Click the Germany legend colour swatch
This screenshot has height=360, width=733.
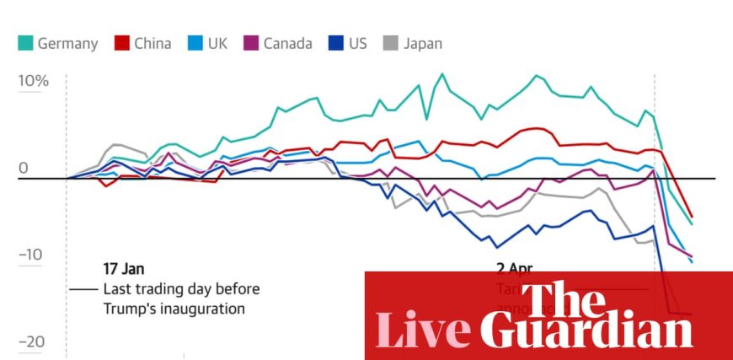tap(24, 43)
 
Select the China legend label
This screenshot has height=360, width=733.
tap(152, 43)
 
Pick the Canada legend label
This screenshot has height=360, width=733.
tap(286, 43)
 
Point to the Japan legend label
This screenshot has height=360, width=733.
tap(422, 43)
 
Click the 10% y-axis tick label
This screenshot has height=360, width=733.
tap(33, 82)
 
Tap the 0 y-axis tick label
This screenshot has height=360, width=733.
tap(23, 168)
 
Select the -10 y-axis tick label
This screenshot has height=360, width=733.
tap(30, 255)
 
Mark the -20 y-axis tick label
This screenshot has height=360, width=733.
tap(30, 342)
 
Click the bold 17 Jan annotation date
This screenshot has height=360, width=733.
tap(123, 269)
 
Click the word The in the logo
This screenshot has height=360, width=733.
tap(563, 297)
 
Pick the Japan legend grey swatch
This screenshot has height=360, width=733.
tap(390, 43)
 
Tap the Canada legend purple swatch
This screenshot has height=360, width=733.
tap(250, 43)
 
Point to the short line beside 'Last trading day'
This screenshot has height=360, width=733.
tap(83, 289)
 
